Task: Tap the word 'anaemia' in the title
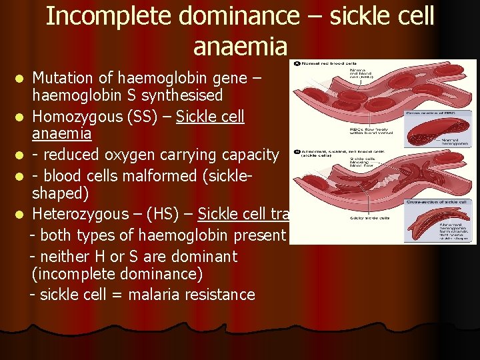click(x=240, y=46)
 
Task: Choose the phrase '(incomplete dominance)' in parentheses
click(x=117, y=274)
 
